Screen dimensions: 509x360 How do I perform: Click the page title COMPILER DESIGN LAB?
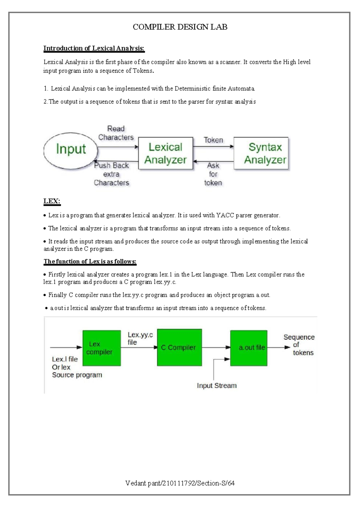pyautogui.click(x=180, y=27)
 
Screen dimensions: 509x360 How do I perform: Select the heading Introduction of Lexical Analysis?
pyautogui.click(x=94, y=48)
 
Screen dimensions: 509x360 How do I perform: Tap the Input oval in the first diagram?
pyautogui.click(x=71, y=149)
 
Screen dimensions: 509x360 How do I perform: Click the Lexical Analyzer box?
pyautogui.click(x=165, y=153)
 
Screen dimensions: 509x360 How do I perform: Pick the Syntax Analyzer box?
pyautogui.click(x=261, y=153)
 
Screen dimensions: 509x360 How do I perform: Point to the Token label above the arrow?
pyautogui.click(x=213, y=140)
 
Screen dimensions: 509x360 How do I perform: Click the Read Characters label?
pyautogui.click(x=116, y=133)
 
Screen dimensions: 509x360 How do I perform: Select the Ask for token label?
pyautogui.click(x=213, y=174)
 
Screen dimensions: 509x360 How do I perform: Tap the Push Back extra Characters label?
pyautogui.click(x=111, y=174)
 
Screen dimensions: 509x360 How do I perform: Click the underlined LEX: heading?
pyautogui.click(x=52, y=201)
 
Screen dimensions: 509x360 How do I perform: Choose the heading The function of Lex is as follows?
pyautogui.click(x=90, y=261)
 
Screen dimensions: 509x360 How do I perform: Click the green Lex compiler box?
pyautogui.click(x=101, y=348)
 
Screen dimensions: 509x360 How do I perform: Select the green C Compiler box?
pyautogui.click(x=179, y=348)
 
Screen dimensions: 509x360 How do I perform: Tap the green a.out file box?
pyautogui.click(x=249, y=348)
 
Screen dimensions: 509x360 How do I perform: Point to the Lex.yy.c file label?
pyautogui.click(x=140, y=339)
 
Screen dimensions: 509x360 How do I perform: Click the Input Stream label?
pyautogui.click(x=217, y=386)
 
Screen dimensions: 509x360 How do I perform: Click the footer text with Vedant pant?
pyautogui.click(x=180, y=483)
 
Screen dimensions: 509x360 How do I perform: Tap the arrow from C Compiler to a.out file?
pyautogui.click(x=216, y=348)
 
